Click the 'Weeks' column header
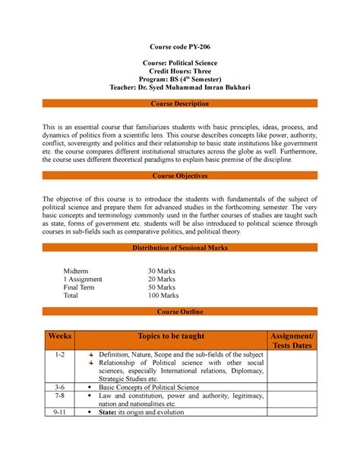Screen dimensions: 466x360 (x=60, y=336)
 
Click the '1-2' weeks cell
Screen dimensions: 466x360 (x=60, y=355)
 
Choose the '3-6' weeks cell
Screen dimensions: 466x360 (x=60, y=387)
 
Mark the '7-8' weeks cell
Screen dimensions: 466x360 (x=60, y=396)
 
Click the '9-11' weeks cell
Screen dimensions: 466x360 (x=60, y=414)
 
